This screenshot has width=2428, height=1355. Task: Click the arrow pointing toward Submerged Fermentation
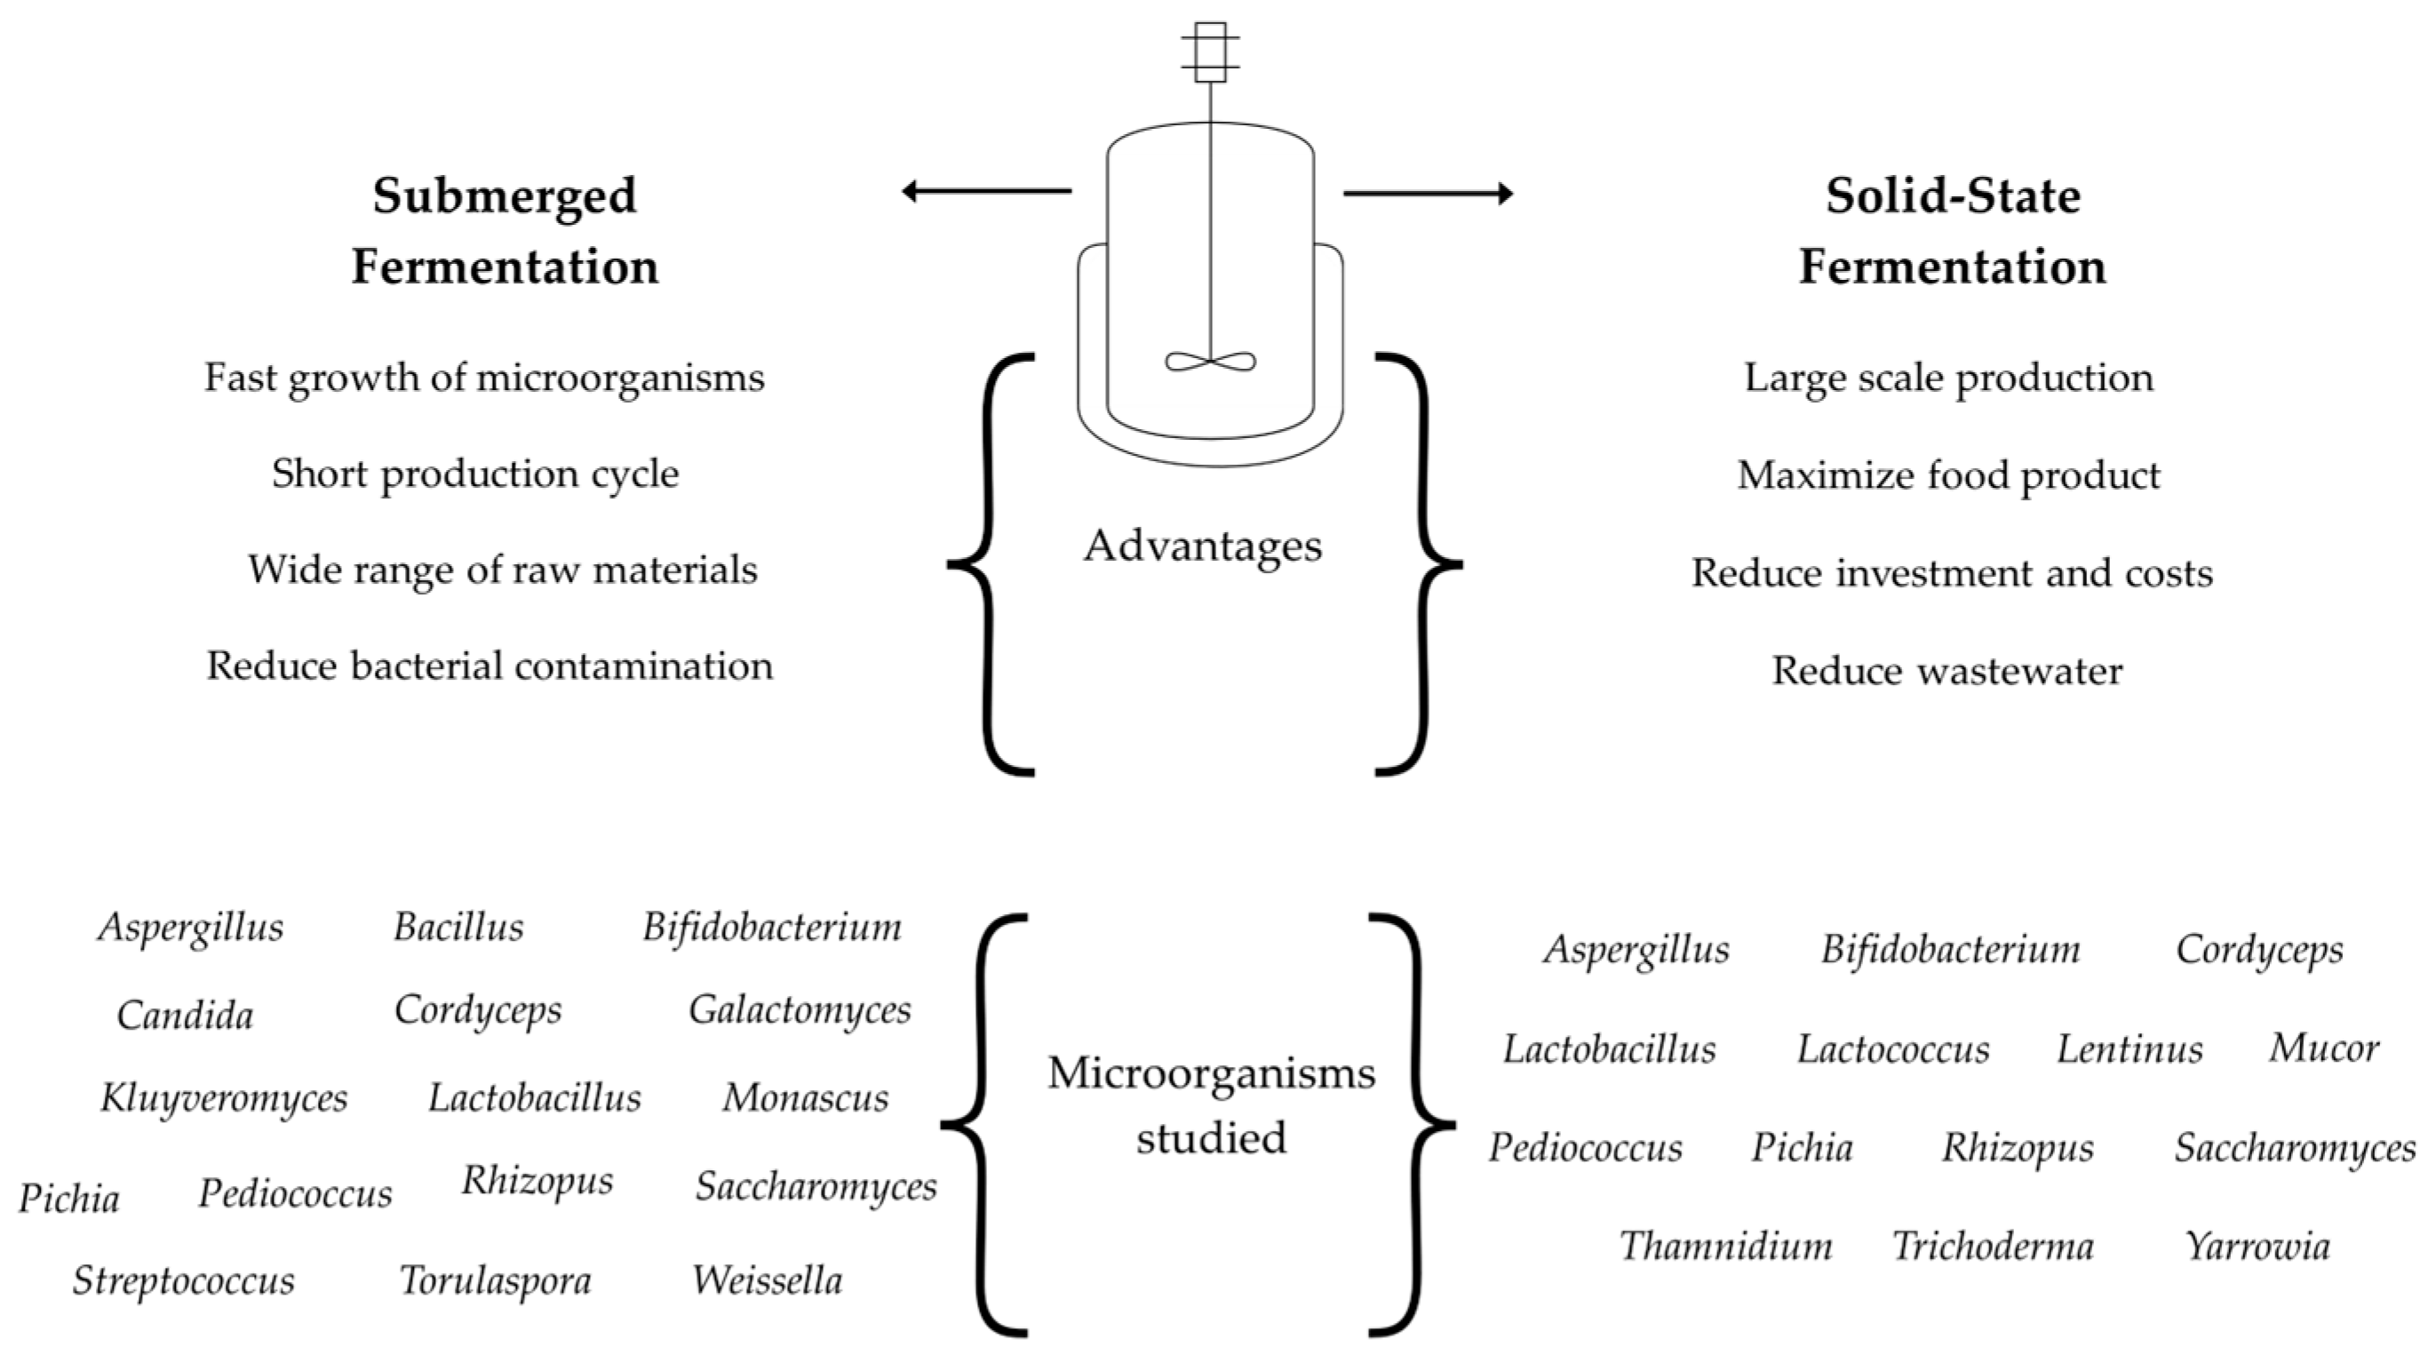[986, 191]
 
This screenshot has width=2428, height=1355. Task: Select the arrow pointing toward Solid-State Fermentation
[1427, 195]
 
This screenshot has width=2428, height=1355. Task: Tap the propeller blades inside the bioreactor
[1210, 361]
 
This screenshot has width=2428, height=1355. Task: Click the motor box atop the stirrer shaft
[1210, 52]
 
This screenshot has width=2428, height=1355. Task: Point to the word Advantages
[1203, 546]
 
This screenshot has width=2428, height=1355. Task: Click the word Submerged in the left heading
[505, 196]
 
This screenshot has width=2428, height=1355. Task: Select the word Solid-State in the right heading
[1952, 196]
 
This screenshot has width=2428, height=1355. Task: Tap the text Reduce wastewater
[1947, 671]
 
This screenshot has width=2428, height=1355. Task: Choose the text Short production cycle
[475, 474]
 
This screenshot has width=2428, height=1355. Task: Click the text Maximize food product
[1948, 475]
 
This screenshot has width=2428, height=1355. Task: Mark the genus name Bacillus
[458, 927]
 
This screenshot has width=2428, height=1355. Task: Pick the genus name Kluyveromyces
[225, 1098]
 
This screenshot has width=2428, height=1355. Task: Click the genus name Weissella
[768, 1280]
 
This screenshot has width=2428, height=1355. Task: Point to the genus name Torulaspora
[495, 1280]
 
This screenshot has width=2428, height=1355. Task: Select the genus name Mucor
[2323, 1048]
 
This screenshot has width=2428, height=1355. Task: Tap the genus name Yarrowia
[2257, 1247]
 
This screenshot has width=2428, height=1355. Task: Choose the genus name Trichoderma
[1993, 1247]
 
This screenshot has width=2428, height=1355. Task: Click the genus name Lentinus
[2129, 1048]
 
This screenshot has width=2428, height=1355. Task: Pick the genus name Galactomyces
[800, 1011]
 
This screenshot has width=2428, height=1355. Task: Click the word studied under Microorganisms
[1210, 1137]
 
